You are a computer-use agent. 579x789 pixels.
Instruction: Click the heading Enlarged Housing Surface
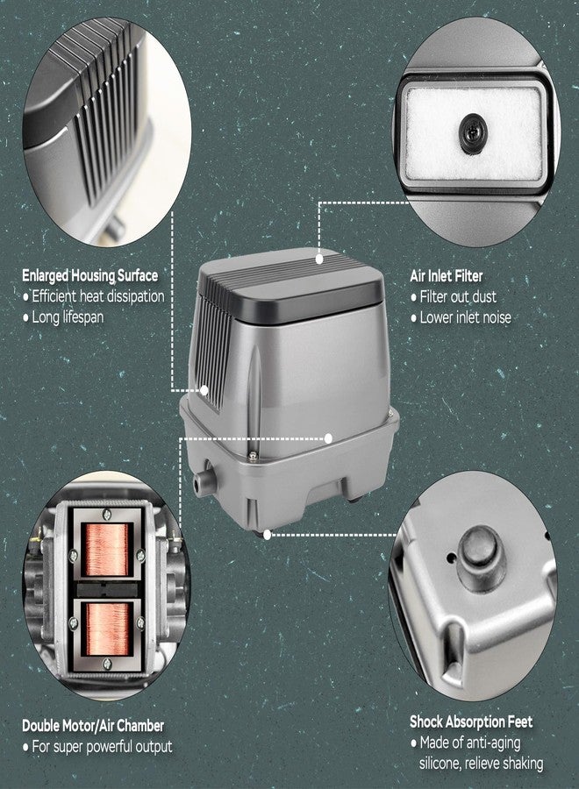(89, 276)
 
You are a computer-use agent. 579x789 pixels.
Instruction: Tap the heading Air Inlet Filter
(446, 276)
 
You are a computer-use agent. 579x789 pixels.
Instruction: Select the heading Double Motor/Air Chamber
(93, 726)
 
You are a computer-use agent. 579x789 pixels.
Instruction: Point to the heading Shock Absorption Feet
(471, 722)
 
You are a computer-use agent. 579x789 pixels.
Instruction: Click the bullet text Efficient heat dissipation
(98, 296)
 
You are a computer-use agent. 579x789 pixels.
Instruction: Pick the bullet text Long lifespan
(68, 317)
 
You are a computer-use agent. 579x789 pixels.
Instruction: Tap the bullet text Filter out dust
(458, 297)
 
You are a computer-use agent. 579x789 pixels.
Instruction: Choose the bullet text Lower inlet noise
(466, 317)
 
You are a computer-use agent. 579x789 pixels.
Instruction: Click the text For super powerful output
(103, 747)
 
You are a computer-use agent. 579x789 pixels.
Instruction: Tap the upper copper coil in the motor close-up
(106, 550)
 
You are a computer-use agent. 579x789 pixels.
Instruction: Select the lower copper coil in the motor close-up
(108, 629)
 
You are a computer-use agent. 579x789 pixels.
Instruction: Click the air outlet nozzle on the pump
(204, 481)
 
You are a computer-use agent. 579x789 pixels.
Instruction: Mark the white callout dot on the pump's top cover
(319, 259)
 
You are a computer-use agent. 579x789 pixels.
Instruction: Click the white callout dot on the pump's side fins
(204, 390)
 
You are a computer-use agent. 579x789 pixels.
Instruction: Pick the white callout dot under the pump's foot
(267, 535)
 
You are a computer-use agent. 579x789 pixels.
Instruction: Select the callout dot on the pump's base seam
(328, 438)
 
